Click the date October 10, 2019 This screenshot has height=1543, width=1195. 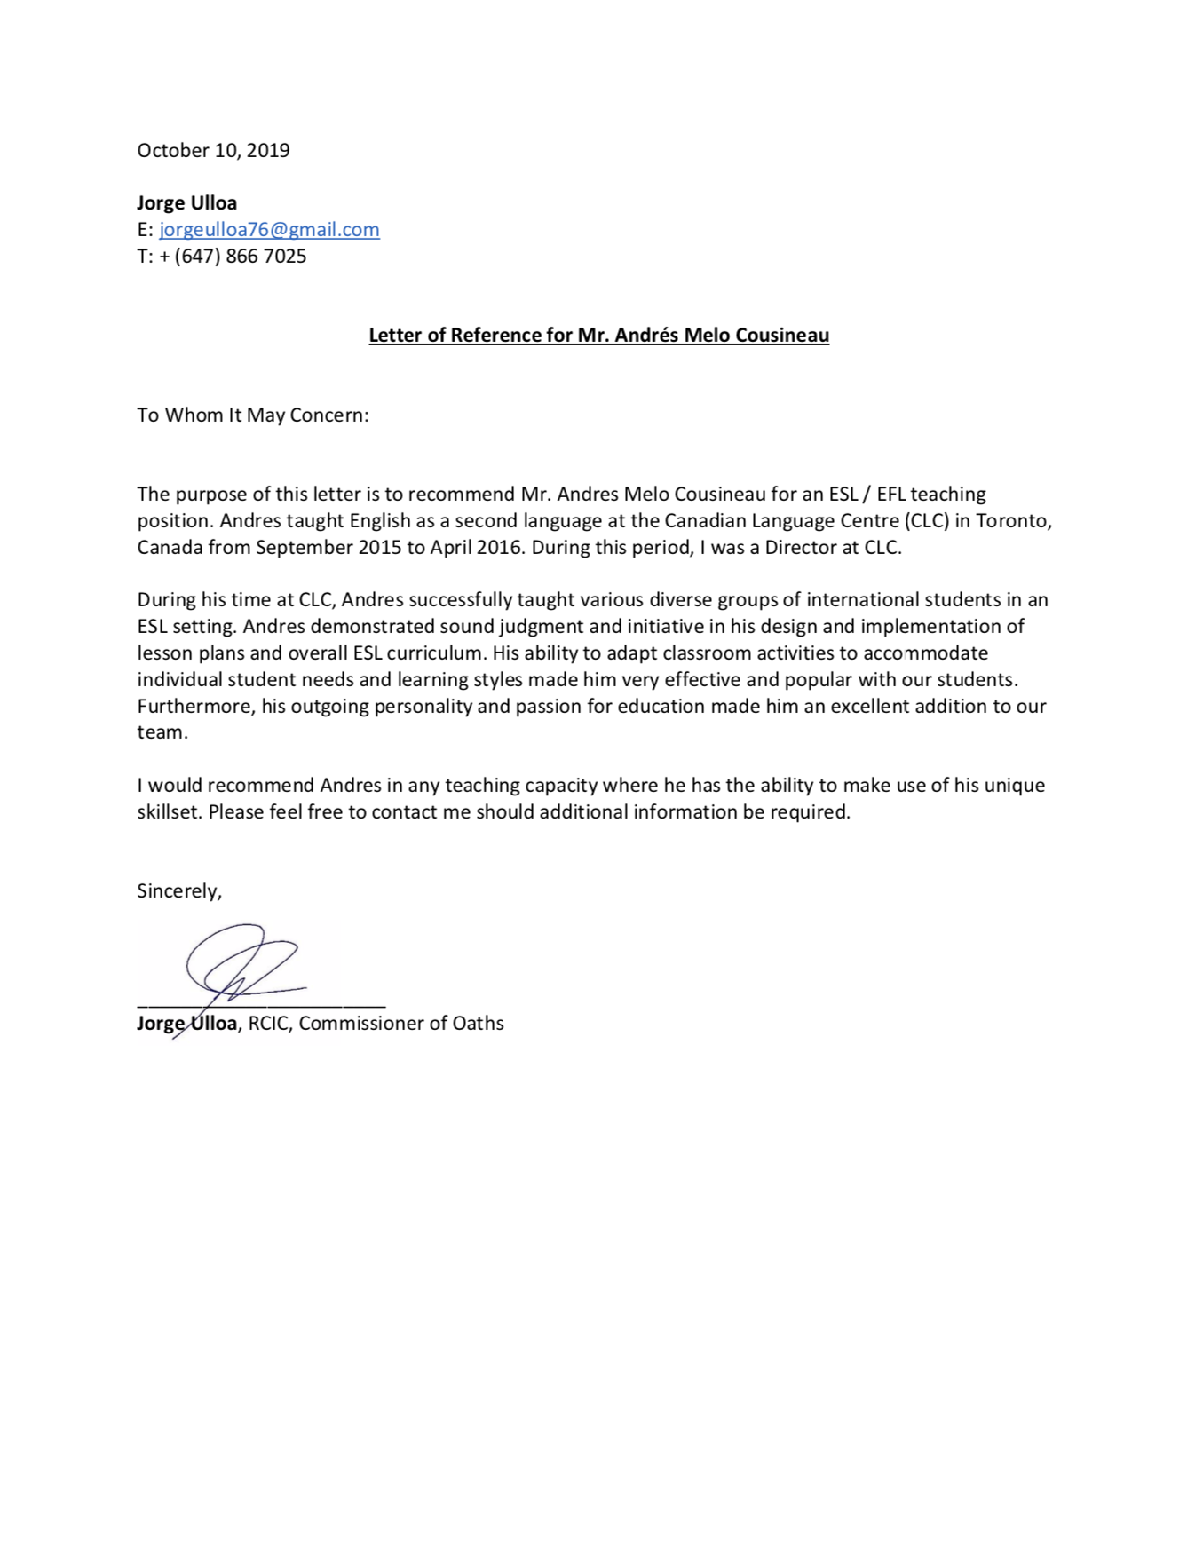[213, 150]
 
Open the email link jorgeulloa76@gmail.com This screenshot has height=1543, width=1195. [269, 230]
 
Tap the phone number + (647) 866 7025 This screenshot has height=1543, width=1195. [233, 257]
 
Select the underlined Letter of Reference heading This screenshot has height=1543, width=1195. [598, 336]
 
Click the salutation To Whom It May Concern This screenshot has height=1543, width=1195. [252, 415]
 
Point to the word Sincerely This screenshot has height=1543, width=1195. [178, 891]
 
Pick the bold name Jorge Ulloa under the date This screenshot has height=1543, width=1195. [186, 203]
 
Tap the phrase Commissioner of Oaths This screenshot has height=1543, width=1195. [401, 1024]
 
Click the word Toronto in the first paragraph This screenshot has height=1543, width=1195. [1014, 520]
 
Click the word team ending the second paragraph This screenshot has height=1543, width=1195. [161, 733]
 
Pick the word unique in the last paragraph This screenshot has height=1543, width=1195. [1012, 786]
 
